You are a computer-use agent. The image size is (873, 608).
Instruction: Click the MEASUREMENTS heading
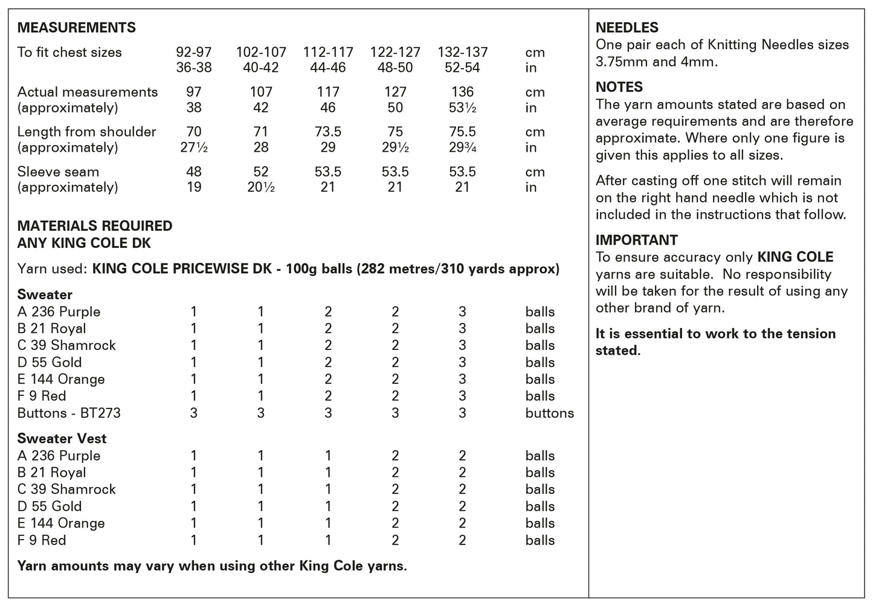77,28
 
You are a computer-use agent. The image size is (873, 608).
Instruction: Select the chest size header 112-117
328,53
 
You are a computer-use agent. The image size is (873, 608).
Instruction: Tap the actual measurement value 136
462,92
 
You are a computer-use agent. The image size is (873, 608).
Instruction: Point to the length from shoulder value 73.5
328,132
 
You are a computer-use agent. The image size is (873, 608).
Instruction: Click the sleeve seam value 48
194,172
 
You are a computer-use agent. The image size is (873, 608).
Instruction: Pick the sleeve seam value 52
261,172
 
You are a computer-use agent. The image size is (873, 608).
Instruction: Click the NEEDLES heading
627,28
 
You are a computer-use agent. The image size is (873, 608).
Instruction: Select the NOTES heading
619,87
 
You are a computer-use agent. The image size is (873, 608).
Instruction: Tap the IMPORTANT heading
636,240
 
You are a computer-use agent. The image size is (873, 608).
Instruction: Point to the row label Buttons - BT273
69,413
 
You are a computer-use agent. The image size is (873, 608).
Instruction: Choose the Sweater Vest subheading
62,439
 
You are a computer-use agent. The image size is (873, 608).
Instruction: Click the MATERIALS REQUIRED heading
95,226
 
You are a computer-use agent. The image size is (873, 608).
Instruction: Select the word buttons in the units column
549,413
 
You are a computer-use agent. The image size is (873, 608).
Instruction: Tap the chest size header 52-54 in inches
462,68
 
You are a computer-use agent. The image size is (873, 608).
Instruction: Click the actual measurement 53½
462,108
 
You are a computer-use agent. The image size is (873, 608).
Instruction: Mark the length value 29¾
462,148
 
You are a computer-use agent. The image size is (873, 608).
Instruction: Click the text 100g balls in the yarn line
312,268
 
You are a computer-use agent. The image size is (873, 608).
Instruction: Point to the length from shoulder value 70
194,132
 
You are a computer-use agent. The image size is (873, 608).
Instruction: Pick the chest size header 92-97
194,53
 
